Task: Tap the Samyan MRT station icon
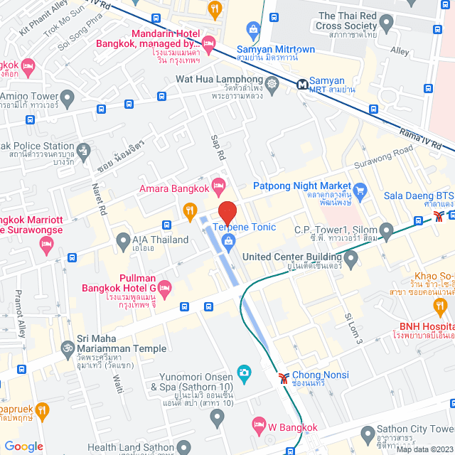[304, 84]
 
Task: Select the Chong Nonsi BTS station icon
[284, 378]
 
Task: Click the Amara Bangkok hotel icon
[219, 188]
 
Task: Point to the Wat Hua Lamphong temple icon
[271, 84]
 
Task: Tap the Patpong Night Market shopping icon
[360, 190]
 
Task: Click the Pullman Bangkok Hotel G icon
[165, 289]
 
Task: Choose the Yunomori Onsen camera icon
[244, 372]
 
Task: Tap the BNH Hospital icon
[440, 306]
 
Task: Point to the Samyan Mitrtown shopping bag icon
[252, 28]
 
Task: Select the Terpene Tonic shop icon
[227, 242]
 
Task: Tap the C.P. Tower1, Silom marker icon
[386, 230]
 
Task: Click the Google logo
[24, 446]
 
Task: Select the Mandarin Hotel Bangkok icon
[208, 45]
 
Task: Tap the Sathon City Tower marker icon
[367, 432]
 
